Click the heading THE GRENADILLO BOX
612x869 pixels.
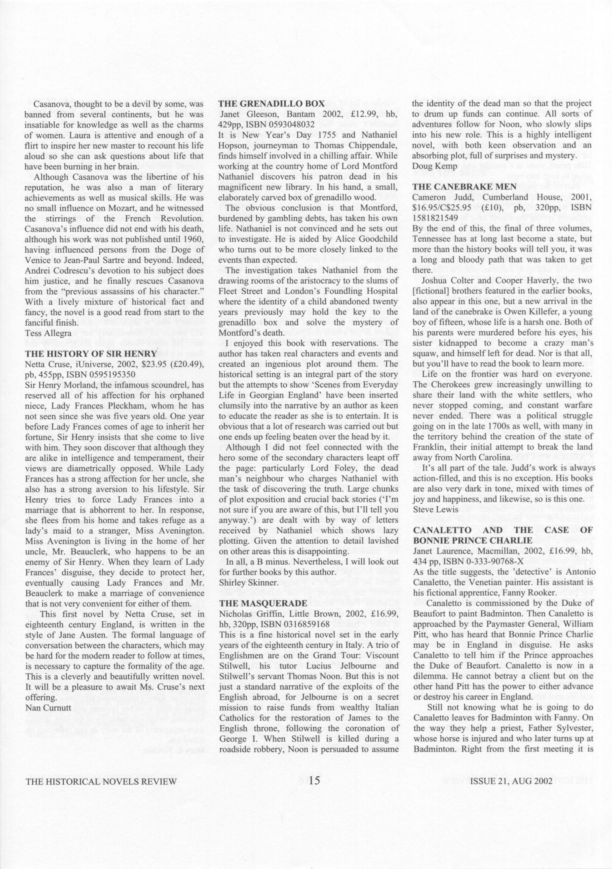click(271, 104)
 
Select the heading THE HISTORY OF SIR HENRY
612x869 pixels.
click(91, 354)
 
